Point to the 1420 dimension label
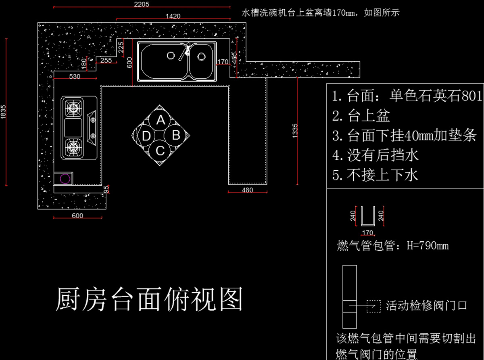point(173,16)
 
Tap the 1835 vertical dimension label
point(4,112)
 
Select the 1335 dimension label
point(295,131)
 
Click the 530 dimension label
point(75,76)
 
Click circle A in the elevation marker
point(161,120)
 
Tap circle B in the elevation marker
point(176,135)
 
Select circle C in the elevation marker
point(161,151)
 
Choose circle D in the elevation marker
point(146,136)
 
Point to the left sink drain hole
point(171,55)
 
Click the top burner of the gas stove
point(73,108)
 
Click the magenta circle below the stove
point(65,178)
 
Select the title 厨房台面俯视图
point(149,299)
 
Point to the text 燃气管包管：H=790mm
point(392,245)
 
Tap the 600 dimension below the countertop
point(77,216)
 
